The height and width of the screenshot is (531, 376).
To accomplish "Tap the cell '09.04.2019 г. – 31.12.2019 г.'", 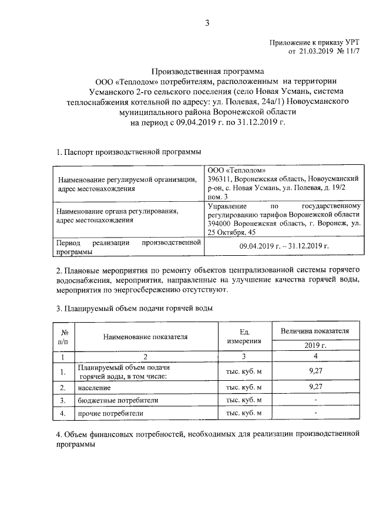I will pos(284,246).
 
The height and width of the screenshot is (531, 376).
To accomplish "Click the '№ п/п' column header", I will pos(60,336).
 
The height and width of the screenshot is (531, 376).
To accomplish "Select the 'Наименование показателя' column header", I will pos(145,337).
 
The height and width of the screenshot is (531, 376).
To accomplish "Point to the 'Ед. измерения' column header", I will pos(245,336).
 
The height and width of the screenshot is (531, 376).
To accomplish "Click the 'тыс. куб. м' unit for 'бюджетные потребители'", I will pos(244,400).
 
